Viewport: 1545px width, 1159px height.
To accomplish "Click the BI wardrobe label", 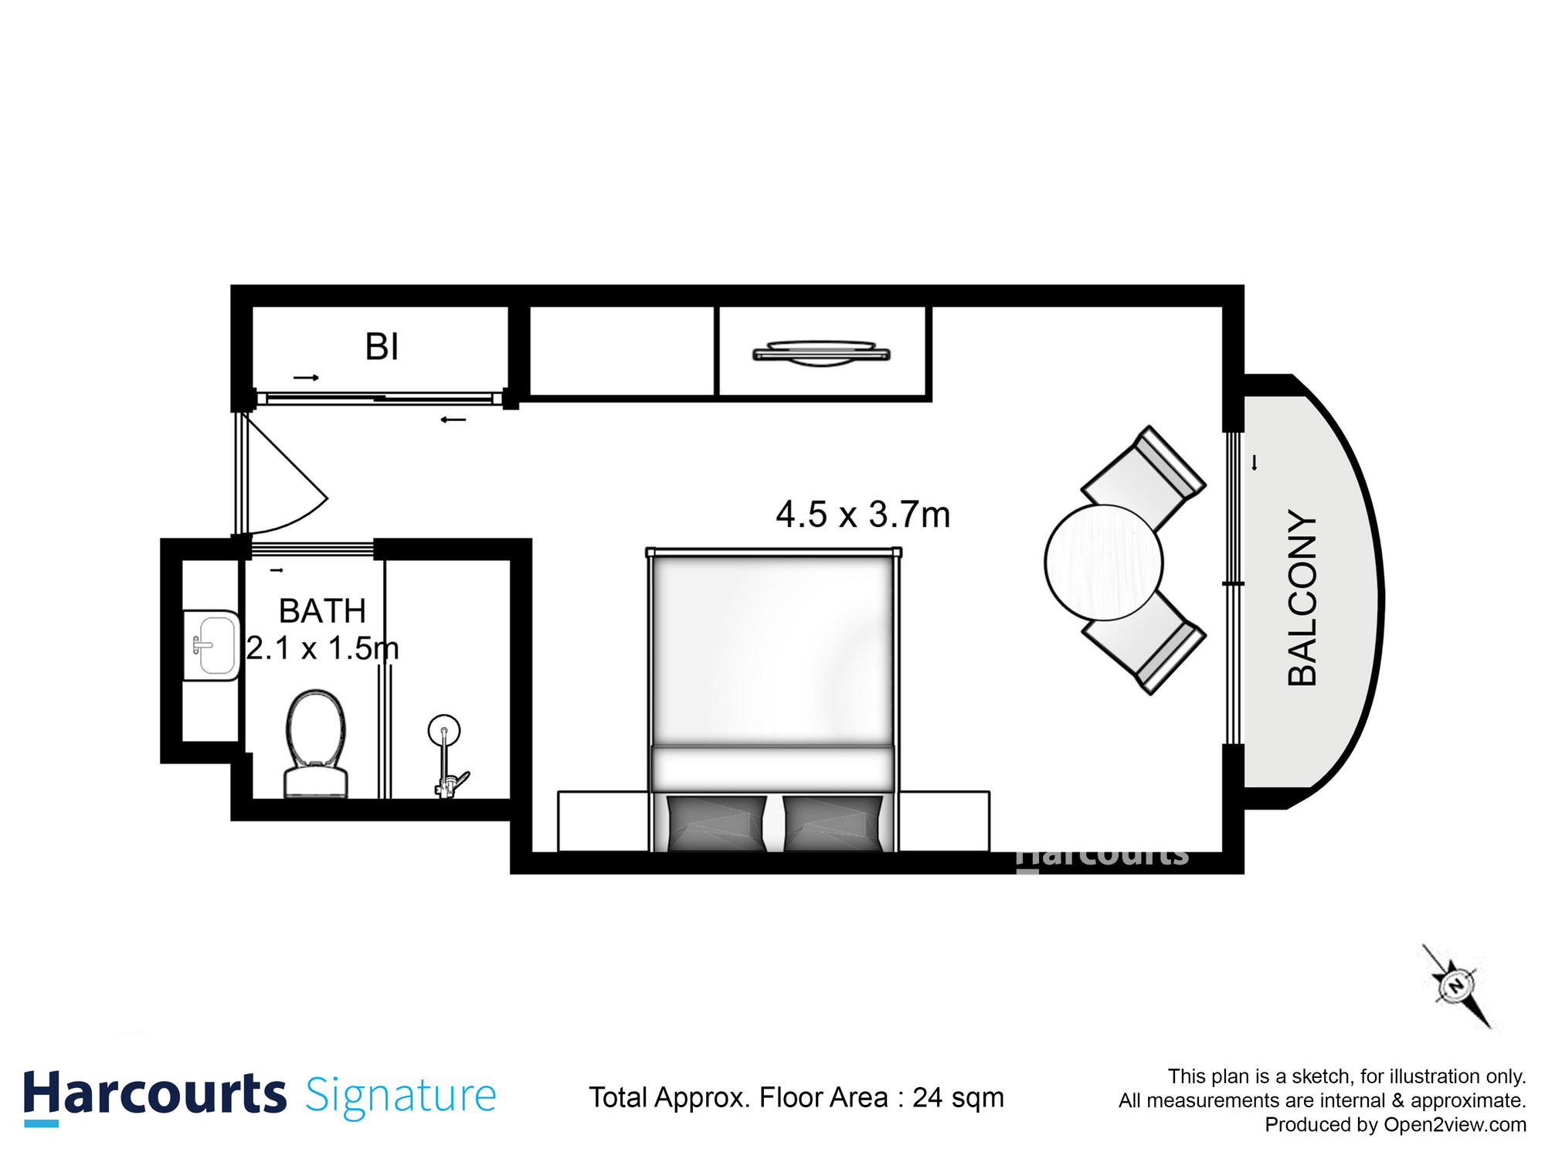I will (x=382, y=347).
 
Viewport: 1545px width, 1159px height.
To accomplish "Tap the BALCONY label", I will (x=1302, y=597).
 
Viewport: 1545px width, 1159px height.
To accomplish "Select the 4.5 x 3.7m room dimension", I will (x=863, y=515).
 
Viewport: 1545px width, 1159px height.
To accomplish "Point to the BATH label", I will (x=322, y=611).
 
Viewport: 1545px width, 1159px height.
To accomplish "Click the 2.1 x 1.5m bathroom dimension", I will (x=322, y=648).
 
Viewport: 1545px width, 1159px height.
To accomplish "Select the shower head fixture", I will (x=444, y=730).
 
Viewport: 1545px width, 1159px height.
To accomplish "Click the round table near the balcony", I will (x=1103, y=563).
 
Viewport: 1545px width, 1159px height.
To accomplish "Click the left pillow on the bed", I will (x=716, y=823).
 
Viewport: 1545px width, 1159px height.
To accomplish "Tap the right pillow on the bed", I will (x=833, y=823).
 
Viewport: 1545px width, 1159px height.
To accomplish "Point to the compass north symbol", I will (x=1456, y=987).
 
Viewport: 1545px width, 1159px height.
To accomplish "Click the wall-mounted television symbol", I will (x=821, y=353).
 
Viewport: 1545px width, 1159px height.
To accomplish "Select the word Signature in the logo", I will (x=400, y=1096).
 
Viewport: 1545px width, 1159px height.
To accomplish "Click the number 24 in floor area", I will (x=927, y=1098).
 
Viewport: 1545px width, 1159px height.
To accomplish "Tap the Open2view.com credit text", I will (x=1455, y=1125).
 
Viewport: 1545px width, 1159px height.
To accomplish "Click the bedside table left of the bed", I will (x=603, y=821).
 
